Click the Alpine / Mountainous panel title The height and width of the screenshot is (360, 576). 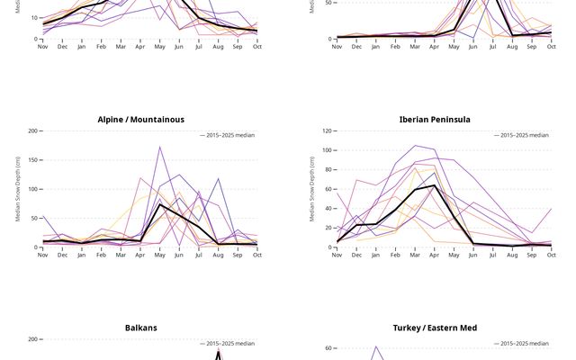click(140, 119)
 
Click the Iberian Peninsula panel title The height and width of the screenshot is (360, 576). click(435, 119)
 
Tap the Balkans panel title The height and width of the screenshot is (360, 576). click(140, 328)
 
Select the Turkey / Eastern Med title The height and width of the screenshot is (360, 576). click(435, 328)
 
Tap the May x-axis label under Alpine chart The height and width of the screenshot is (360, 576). click(160, 255)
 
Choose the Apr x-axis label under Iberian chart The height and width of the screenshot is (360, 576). click(435, 255)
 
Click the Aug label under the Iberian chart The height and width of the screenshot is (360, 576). click(512, 255)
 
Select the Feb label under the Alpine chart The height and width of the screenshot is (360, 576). click(101, 255)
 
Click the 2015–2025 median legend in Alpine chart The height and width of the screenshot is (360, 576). click(228, 135)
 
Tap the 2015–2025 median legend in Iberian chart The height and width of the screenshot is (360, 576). click(521, 135)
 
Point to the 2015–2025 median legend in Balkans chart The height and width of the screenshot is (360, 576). click(228, 344)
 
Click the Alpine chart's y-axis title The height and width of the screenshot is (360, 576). click(17, 189)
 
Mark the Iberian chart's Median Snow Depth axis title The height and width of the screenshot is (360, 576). click(311, 189)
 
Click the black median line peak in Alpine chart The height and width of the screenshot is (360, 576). click(160, 204)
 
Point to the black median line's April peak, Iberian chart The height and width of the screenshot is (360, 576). click(435, 185)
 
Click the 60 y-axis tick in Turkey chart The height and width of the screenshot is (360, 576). click(328, 348)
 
